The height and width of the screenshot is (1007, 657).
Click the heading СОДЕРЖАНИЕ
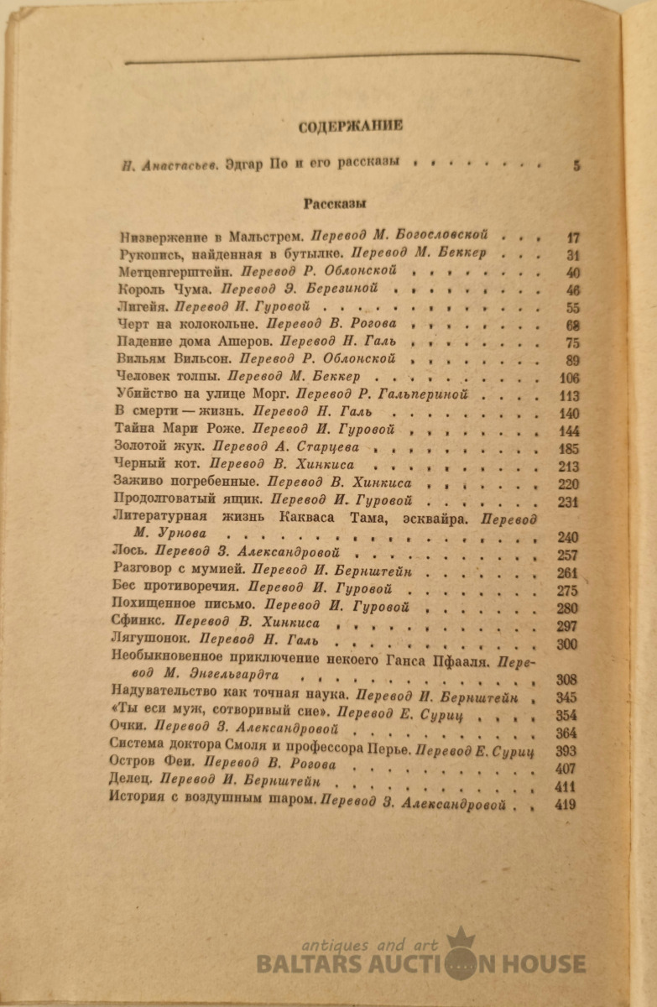pos(351,127)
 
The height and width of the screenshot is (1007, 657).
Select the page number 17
pos(573,237)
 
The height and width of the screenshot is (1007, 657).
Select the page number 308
pos(569,679)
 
